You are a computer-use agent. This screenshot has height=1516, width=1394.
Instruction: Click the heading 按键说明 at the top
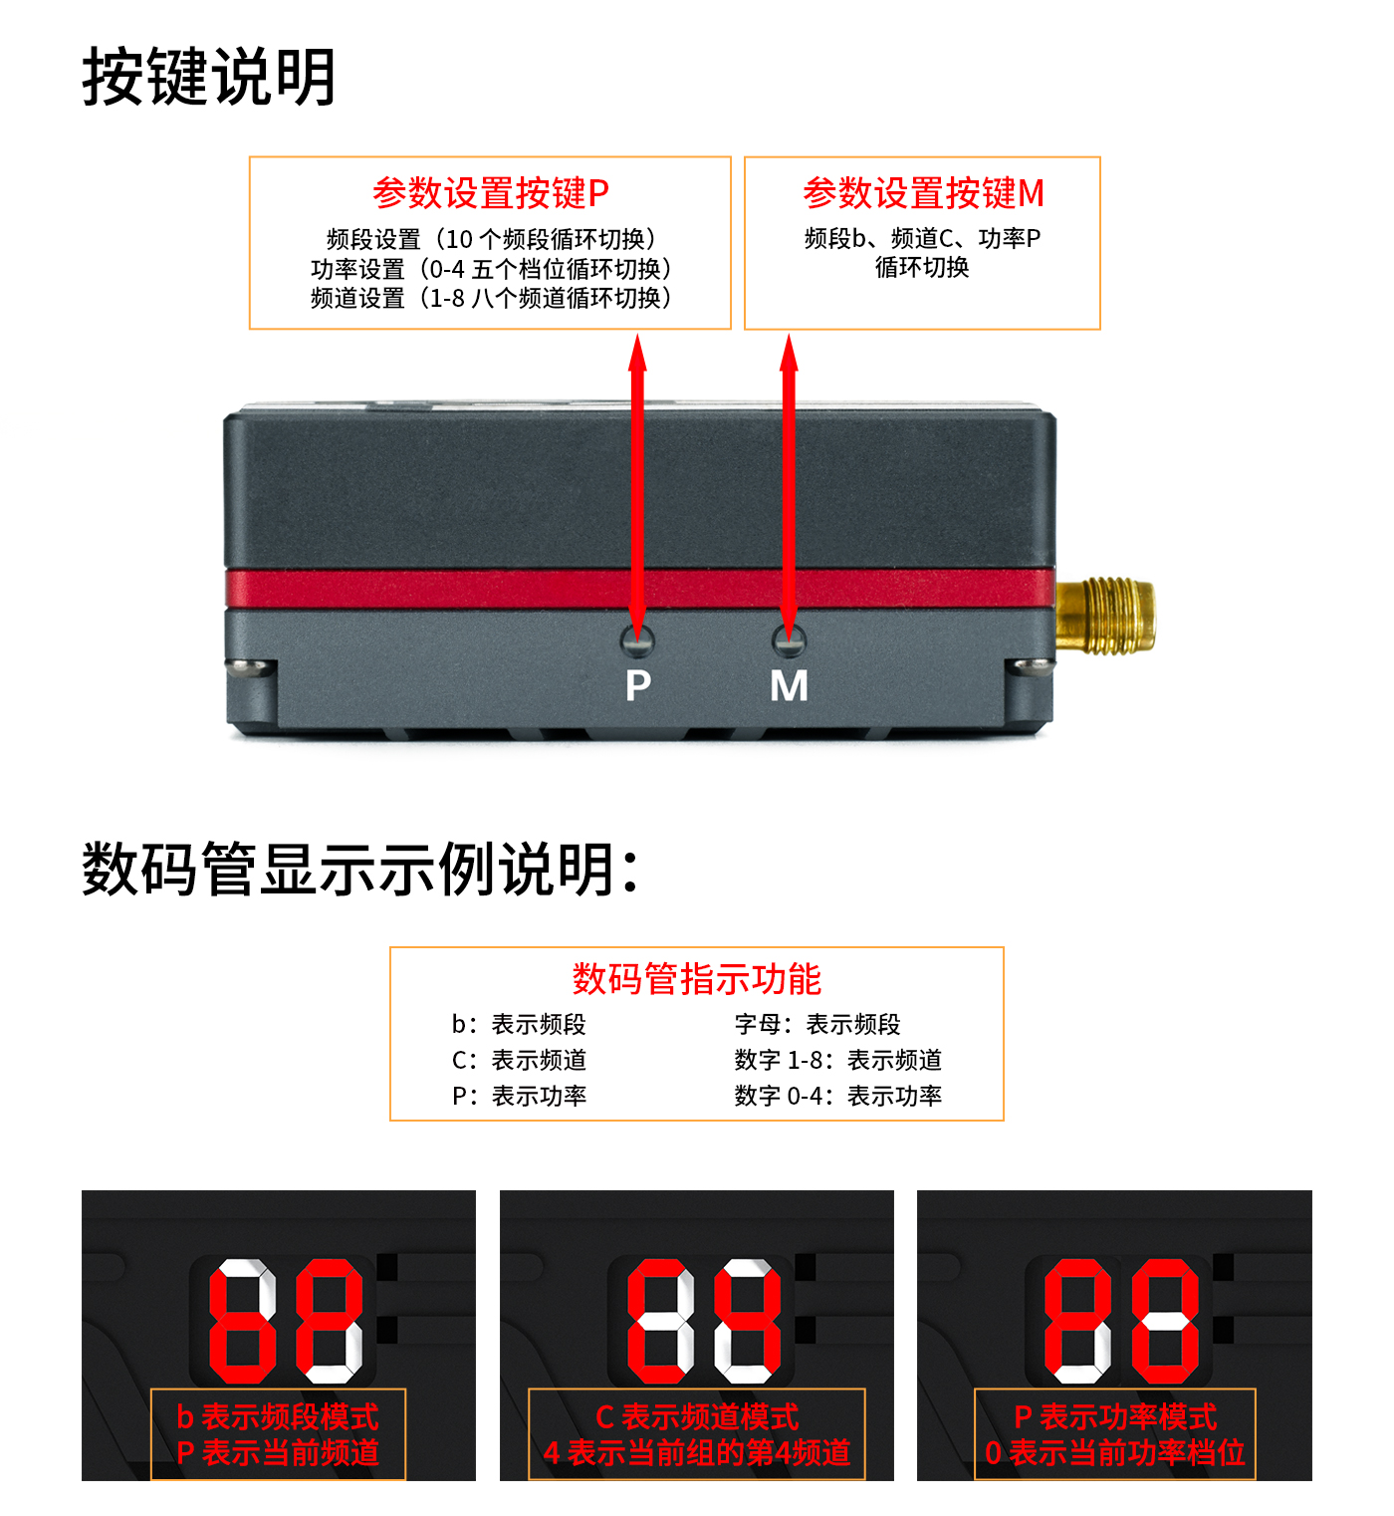[208, 77]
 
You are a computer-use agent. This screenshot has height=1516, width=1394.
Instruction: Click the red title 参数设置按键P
[490, 192]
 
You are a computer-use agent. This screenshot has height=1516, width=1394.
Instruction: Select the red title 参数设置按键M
[923, 192]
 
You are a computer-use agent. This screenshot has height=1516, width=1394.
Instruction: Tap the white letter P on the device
[638, 685]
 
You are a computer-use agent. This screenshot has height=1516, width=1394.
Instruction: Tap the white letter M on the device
[789, 685]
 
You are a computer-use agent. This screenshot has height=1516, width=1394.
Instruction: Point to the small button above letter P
[637, 641]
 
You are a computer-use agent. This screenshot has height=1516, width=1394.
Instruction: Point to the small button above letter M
[789, 641]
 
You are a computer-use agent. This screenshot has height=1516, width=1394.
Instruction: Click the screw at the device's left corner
[250, 666]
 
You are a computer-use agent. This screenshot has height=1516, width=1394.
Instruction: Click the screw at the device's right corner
[1030, 666]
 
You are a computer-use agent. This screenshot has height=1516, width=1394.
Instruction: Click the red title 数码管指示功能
[696, 979]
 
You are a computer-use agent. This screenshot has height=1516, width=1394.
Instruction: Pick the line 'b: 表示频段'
[519, 1024]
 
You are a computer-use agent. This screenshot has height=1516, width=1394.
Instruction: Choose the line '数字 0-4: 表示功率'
[837, 1096]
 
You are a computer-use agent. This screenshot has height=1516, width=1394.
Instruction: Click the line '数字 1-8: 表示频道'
[837, 1060]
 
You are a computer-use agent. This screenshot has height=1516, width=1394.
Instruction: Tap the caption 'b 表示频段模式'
[278, 1416]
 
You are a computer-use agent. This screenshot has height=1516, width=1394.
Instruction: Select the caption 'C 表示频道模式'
[697, 1416]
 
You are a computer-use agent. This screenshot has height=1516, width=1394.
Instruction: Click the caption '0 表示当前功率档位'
[1115, 1452]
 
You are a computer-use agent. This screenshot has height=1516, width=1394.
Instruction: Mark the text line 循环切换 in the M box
[922, 267]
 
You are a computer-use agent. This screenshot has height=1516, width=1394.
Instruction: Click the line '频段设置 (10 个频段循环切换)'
[491, 239]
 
